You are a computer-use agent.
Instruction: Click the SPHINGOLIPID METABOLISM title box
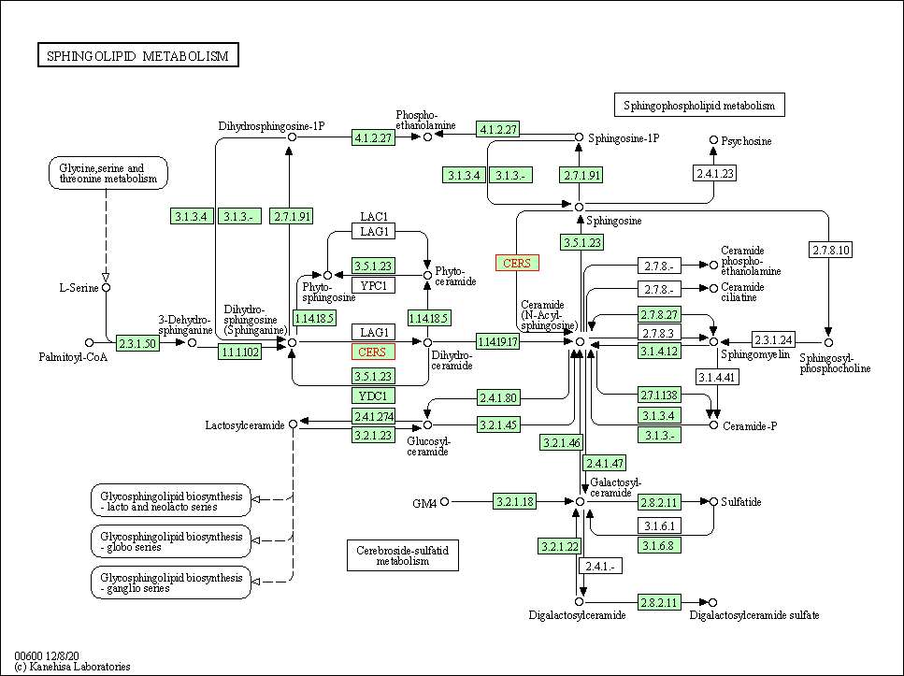(x=138, y=56)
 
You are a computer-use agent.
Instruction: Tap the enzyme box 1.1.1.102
(x=240, y=352)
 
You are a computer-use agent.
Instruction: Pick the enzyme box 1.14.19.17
(x=497, y=342)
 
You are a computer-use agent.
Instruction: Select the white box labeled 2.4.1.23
(x=715, y=172)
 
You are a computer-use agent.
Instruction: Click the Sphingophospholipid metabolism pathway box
(x=699, y=106)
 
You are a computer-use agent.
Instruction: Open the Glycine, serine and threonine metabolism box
(x=108, y=173)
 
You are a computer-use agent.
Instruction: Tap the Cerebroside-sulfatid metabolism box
(x=402, y=555)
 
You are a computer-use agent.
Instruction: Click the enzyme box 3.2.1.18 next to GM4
(x=515, y=502)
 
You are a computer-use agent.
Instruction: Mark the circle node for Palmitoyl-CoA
(x=90, y=343)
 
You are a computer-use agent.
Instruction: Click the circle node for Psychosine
(x=714, y=140)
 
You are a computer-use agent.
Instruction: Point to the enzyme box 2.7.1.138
(x=660, y=395)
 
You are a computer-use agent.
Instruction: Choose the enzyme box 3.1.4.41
(x=718, y=377)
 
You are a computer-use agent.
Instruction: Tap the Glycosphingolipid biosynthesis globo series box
(x=172, y=540)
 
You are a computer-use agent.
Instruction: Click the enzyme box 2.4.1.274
(x=374, y=416)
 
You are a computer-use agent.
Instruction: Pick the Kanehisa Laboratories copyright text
(x=73, y=667)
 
